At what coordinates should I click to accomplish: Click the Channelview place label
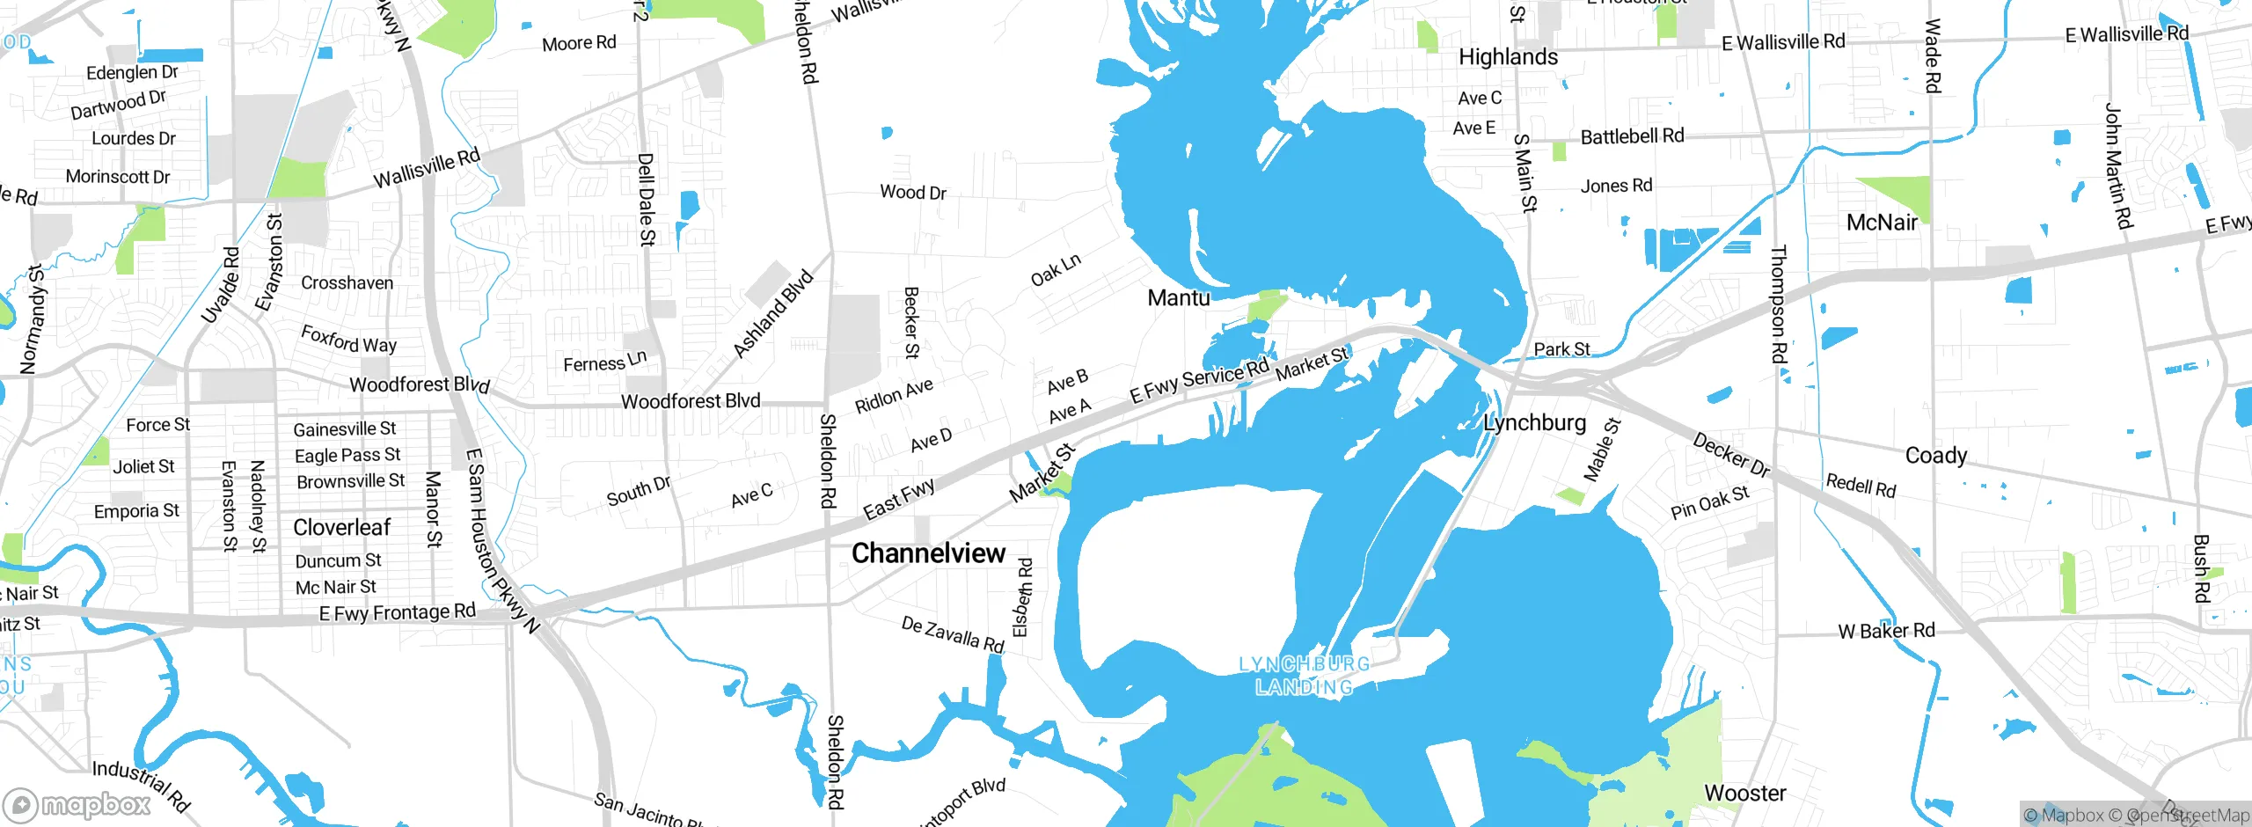pos(928,553)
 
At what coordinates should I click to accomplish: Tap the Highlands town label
pos(1508,57)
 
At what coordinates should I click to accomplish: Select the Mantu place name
pos(1179,298)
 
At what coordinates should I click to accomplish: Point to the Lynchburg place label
pos(1534,423)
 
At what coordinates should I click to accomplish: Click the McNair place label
pos(1882,223)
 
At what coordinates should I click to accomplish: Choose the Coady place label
pos(1935,456)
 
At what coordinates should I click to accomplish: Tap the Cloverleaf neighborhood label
pos(341,528)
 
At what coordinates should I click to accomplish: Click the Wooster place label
pos(1745,794)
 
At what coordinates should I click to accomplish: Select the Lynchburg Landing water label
pos(1304,676)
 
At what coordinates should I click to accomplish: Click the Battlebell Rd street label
pos(1632,136)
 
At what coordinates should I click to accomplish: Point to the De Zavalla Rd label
pos(953,634)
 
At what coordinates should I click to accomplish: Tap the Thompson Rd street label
pos(1779,304)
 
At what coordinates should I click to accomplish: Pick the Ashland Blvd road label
pos(773,314)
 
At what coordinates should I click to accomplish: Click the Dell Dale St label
pos(647,199)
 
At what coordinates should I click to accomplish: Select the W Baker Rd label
pos(1887,631)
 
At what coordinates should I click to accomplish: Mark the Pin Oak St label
pos(1709,502)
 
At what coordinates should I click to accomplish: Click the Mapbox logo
pos(77,805)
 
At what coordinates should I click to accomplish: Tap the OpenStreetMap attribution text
pos(2187,816)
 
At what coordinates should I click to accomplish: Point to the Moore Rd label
pos(579,43)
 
